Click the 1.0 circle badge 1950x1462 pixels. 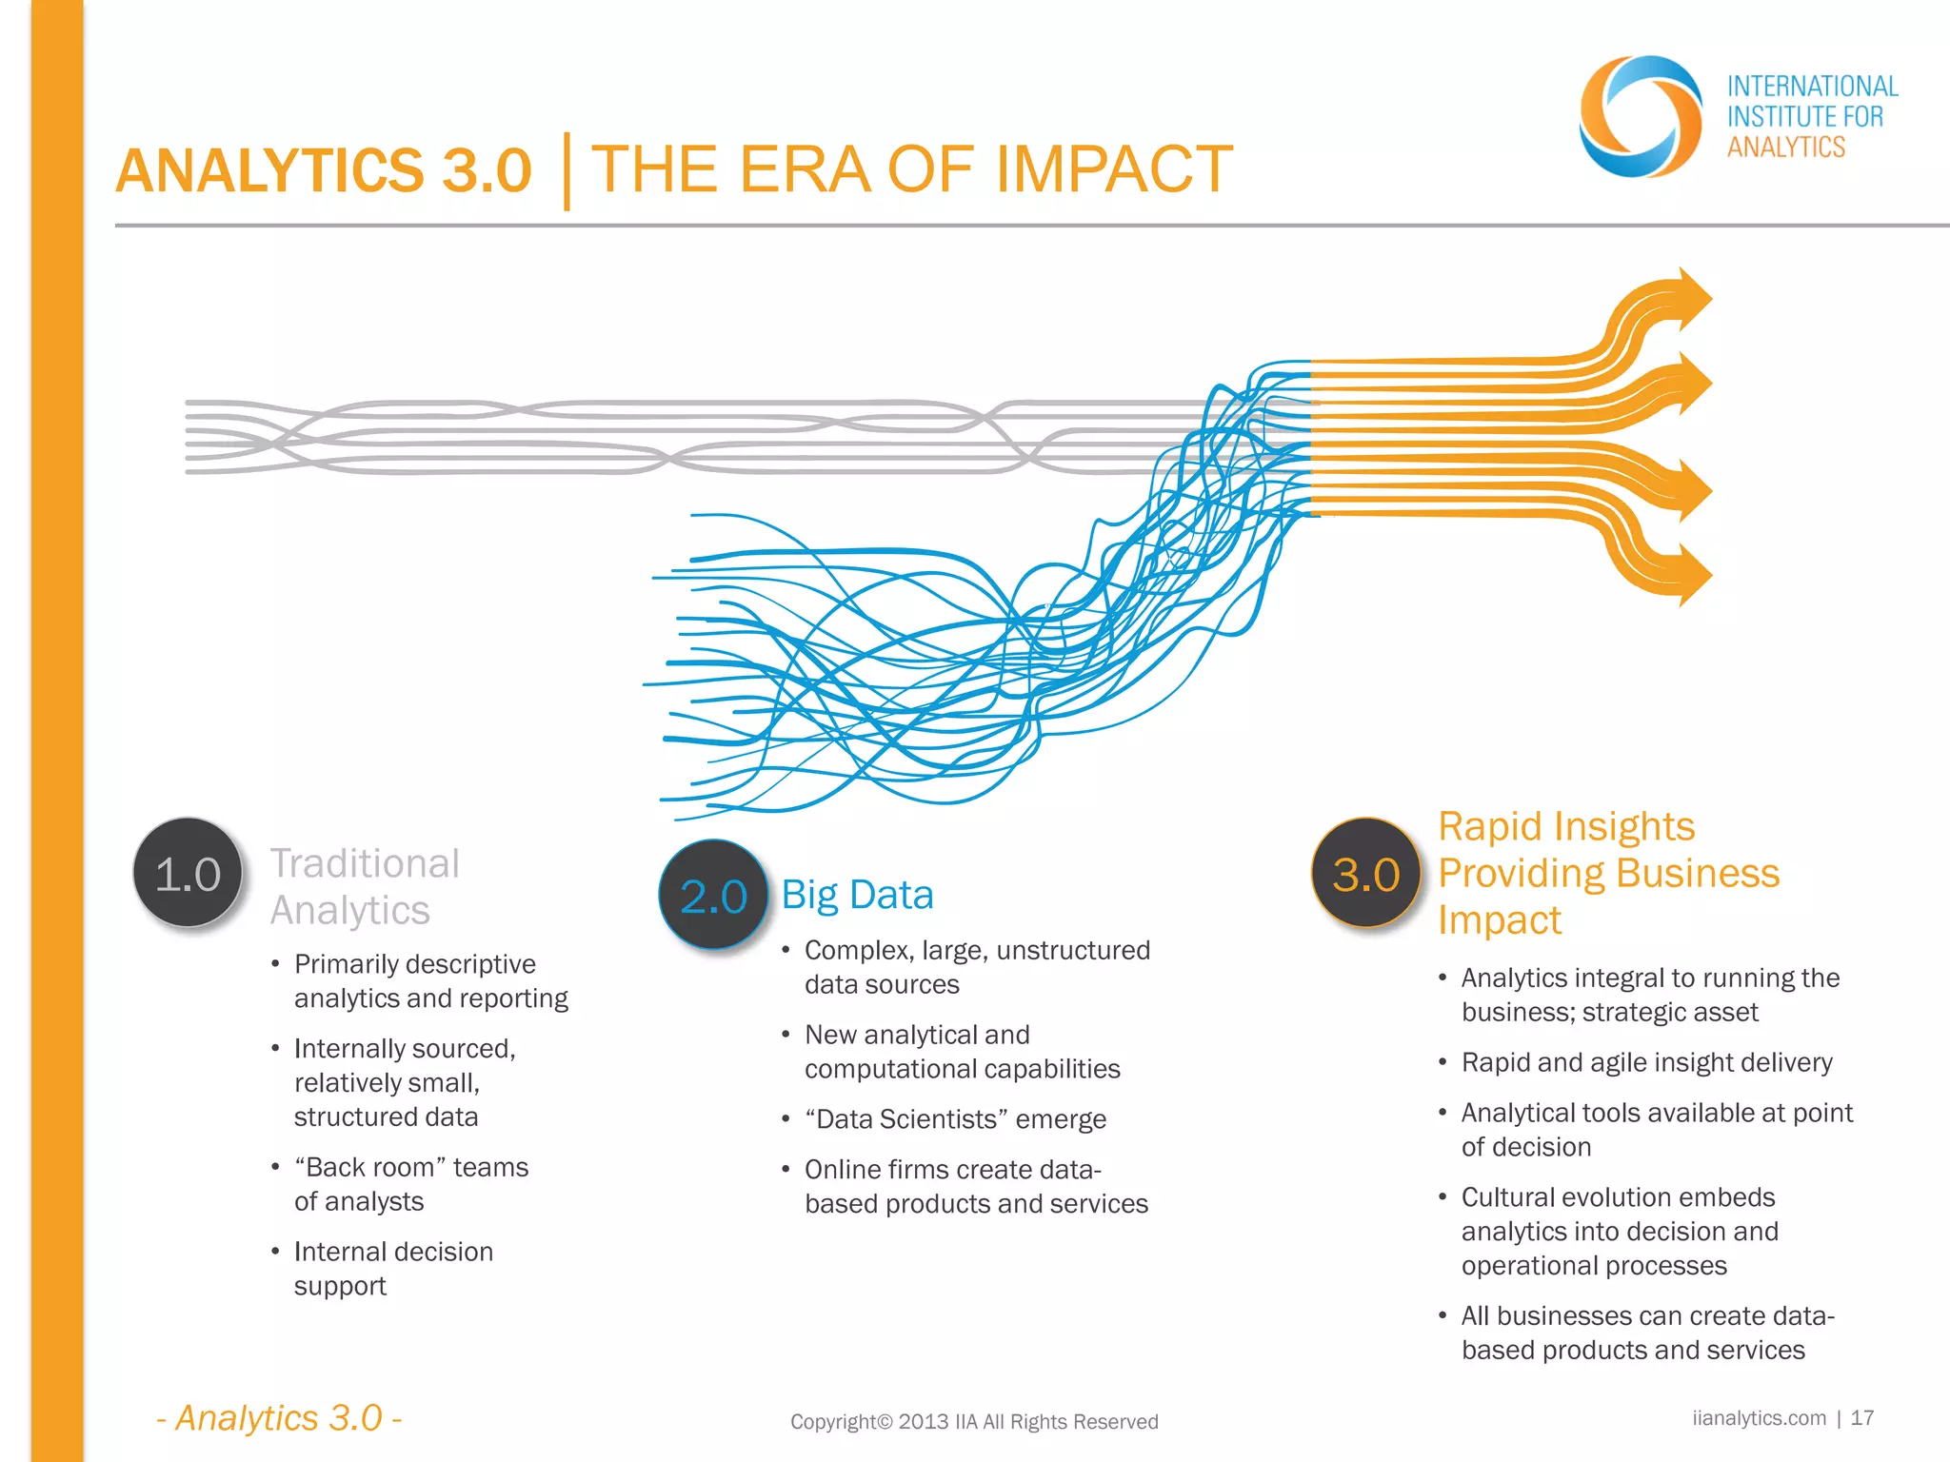tap(188, 873)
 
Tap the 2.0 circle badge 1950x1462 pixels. tap(713, 895)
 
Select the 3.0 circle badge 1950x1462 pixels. tap(1365, 873)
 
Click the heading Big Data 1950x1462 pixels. tap(857, 895)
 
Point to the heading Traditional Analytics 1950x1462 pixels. tap(365, 886)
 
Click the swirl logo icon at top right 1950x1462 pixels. tap(1640, 117)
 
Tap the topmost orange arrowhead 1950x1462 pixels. tap(1690, 299)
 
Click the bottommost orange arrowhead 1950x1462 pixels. tap(1690, 575)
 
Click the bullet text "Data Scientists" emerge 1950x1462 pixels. tap(955, 1119)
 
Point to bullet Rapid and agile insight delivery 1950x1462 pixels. tap(1646, 1062)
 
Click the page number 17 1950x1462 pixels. tap(1861, 1418)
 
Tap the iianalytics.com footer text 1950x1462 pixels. tap(1759, 1418)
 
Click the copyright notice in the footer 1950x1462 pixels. tap(974, 1422)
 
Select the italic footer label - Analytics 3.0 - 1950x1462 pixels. tap(279, 1418)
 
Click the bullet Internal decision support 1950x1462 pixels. tap(392, 1269)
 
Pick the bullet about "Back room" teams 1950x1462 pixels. tap(410, 1184)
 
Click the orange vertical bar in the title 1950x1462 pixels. tap(567, 171)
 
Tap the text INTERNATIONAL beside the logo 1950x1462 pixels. tap(1812, 87)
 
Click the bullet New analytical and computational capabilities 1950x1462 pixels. tap(962, 1052)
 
